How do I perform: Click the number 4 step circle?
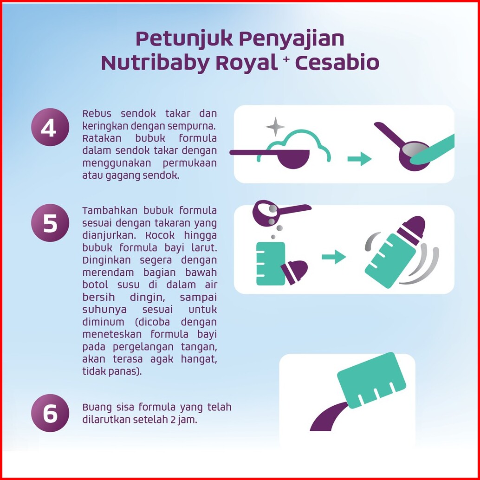tap(50, 127)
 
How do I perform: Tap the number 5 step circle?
tap(50, 223)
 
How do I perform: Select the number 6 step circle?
tap(50, 413)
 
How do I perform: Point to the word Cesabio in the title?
tap(337, 63)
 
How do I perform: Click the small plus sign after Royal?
tap(286, 59)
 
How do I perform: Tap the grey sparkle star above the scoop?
tap(275, 126)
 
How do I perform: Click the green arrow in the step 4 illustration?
tap(359, 159)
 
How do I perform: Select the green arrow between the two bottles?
tap(334, 257)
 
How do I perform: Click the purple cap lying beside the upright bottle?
tap(294, 272)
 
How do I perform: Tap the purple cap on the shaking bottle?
tap(412, 230)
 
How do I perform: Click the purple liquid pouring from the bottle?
tap(328, 418)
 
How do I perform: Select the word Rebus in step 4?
tap(97, 114)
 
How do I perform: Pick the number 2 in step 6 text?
tap(173, 420)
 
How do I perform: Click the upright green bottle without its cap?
tap(271, 264)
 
